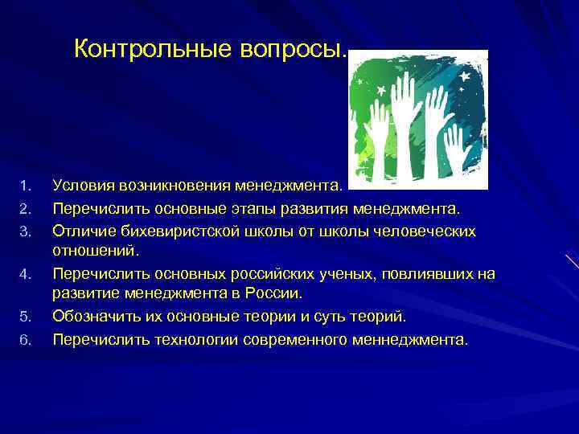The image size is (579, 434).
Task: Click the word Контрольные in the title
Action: [153, 50]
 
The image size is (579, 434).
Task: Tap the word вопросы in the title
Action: [292, 50]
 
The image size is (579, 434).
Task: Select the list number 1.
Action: [24, 187]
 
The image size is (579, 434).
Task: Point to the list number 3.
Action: [24, 232]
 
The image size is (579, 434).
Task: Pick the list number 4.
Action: [24, 275]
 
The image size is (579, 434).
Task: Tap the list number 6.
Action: [24, 339]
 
